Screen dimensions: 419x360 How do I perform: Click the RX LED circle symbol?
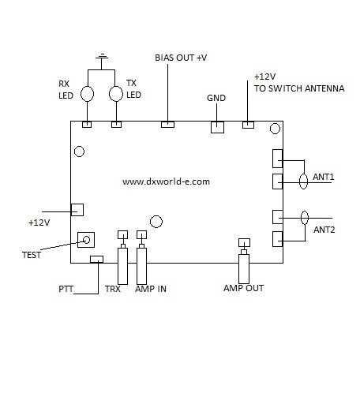(88, 93)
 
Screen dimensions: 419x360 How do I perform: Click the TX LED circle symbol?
(116, 93)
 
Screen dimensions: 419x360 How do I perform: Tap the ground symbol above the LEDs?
(101, 57)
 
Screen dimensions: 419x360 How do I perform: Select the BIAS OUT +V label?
(180, 58)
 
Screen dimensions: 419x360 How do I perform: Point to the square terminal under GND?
(217, 126)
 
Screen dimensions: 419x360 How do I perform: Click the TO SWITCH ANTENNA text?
(299, 88)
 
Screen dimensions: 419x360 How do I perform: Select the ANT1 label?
(324, 177)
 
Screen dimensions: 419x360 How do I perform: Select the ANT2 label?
(324, 230)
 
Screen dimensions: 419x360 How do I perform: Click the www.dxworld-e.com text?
(166, 181)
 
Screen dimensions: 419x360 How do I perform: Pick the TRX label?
(112, 289)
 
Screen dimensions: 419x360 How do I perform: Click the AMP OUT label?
(244, 288)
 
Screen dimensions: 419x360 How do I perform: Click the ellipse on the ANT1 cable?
(302, 182)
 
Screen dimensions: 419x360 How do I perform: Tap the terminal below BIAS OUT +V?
(167, 124)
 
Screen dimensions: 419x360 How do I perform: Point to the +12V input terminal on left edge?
(77, 209)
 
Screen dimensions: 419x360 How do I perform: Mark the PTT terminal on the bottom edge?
(96, 259)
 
